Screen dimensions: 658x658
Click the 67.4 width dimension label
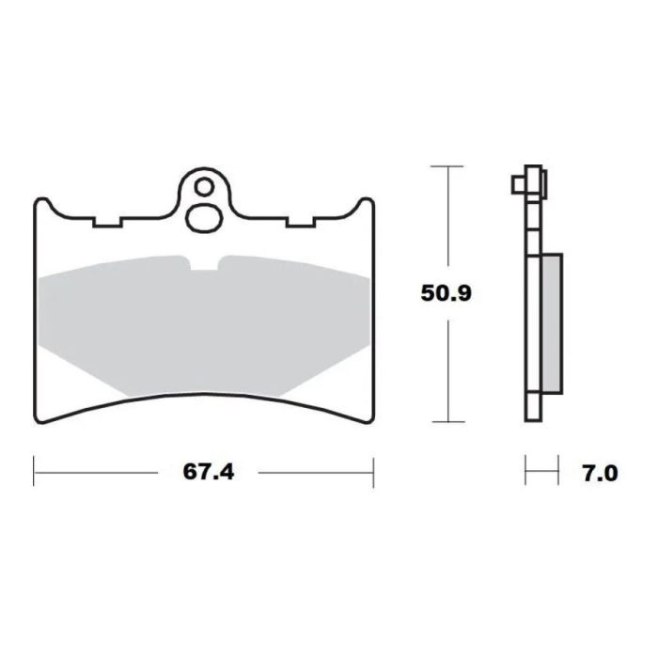pos(207,472)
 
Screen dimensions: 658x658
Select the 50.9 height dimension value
pos(446,293)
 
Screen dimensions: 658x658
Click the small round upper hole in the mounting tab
pos(204,187)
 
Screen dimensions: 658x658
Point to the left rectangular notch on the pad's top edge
pos(108,223)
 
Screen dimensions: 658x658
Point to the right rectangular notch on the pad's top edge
pos(301,223)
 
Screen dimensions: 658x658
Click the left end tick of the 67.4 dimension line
pos(35,472)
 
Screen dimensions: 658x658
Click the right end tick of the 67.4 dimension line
pos(373,472)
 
